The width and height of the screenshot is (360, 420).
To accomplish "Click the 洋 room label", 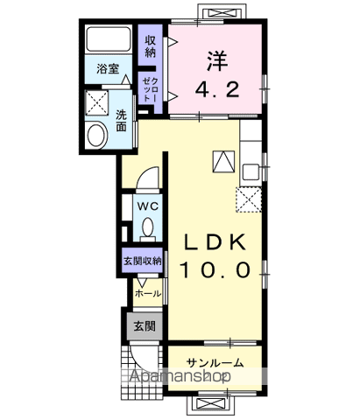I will click(217, 60).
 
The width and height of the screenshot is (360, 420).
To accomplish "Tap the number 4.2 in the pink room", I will click(216, 88).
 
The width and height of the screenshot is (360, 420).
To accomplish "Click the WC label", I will click(145, 206).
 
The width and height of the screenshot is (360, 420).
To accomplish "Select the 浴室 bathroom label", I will click(109, 68).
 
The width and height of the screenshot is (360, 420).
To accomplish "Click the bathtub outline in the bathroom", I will click(109, 42).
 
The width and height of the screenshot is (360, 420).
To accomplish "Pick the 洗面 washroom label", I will click(122, 119).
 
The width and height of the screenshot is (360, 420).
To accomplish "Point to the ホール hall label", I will click(148, 293).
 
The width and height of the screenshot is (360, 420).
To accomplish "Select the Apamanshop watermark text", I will click(180, 376).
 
